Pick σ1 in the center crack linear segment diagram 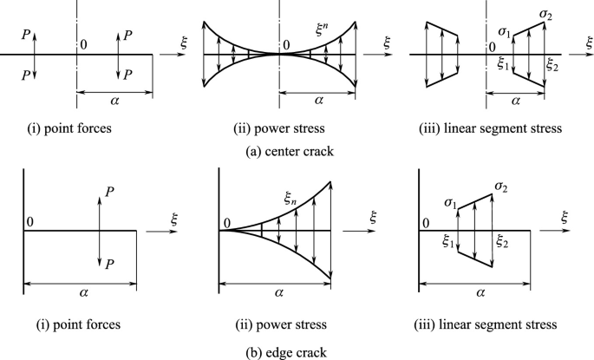click(502, 31)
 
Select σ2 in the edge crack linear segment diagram click(502, 187)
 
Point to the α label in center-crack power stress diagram click(321, 100)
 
